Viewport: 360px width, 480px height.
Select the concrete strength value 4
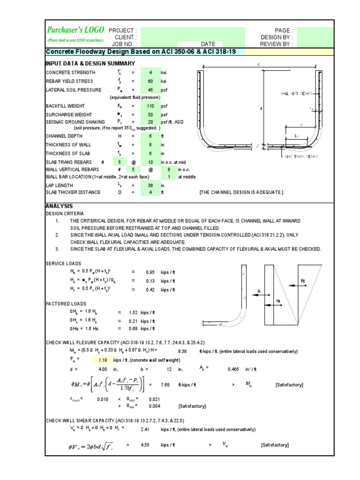point(150,73)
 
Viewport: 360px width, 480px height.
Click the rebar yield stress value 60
point(150,81)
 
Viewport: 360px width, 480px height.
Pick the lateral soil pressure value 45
point(150,90)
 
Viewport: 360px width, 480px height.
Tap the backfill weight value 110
point(150,106)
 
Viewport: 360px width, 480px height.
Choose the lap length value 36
point(150,185)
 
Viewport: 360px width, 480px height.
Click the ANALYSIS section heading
point(59,206)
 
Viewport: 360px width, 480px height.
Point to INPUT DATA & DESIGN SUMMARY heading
point(90,63)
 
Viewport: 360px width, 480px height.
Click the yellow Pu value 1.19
point(104,360)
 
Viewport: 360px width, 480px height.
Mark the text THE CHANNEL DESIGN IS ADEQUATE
point(241,192)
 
